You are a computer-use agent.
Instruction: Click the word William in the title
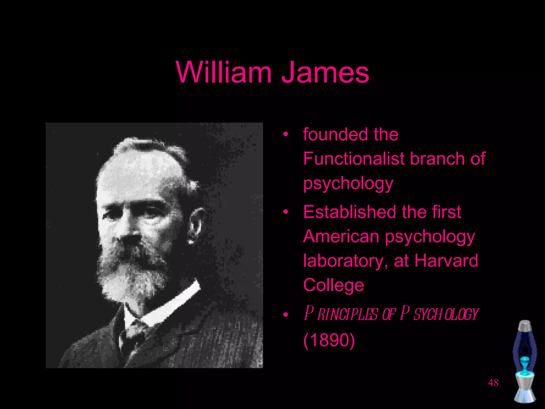224,72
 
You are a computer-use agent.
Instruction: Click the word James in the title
325,72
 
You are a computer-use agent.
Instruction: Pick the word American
341,236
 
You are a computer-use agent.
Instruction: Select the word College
333,285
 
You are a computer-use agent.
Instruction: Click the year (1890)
329,340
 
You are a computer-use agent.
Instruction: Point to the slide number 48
493,383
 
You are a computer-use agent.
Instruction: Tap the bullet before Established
286,212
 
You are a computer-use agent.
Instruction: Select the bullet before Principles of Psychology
286,315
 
